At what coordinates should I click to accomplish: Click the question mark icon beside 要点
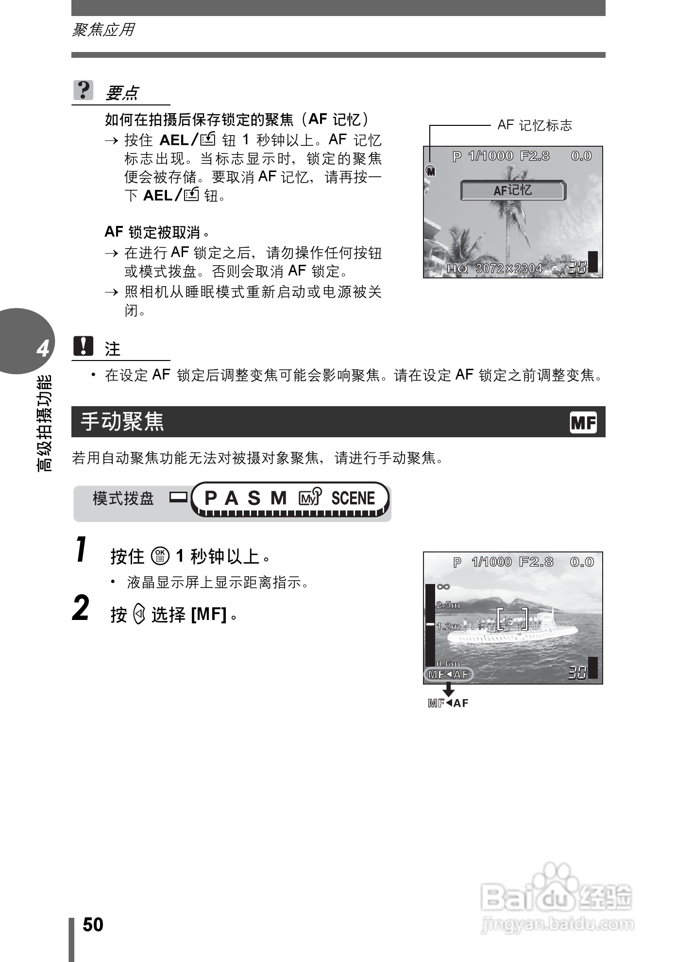coord(83,90)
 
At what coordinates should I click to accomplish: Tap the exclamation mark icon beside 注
coord(83,346)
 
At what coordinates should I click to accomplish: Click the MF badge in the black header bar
coord(583,423)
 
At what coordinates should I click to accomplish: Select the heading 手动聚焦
coord(122,421)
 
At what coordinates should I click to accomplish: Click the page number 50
coord(93,925)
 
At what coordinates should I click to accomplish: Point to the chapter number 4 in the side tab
coord(43,349)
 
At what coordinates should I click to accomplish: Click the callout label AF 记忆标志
coord(535,125)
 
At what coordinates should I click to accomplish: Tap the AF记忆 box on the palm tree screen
coord(513,190)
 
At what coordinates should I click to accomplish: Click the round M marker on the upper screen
coord(430,171)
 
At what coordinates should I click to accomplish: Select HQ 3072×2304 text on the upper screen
coord(494,268)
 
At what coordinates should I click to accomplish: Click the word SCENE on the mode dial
coord(353,498)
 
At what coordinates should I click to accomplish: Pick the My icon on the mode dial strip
coord(310,498)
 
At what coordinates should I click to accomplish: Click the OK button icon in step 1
coord(160,556)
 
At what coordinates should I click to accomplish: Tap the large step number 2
coord(81,608)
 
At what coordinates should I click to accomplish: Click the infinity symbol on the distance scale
coord(443,587)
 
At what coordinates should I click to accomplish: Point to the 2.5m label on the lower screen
coord(448,605)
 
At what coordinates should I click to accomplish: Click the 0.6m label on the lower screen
coord(448,663)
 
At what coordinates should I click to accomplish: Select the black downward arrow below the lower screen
coord(449,689)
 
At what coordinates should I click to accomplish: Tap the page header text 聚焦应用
coord(103,30)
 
